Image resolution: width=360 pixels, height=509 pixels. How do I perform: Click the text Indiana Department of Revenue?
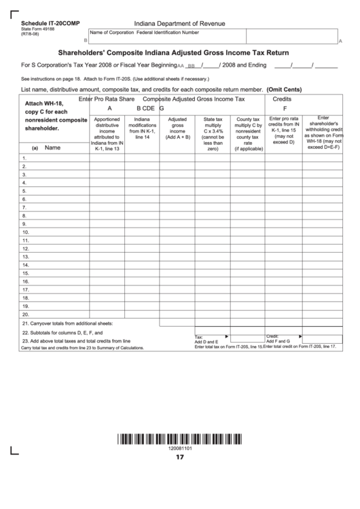pos(179,23)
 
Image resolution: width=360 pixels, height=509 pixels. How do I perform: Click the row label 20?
pos(25,315)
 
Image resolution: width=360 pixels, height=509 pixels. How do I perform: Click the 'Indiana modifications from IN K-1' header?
pos(142,128)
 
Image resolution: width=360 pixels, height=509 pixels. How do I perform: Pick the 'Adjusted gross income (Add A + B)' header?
pos(177,128)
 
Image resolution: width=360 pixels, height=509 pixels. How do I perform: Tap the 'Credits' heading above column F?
pos(282,99)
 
